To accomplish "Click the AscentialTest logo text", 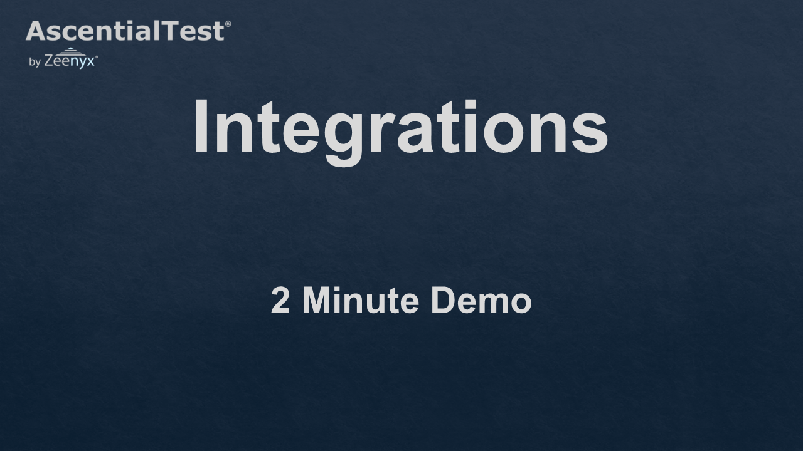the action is (125, 31).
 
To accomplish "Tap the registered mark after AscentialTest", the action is (228, 24).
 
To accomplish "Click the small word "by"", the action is (35, 62).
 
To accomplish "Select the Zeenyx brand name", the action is (70, 61).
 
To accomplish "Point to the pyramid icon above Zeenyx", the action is (70, 51).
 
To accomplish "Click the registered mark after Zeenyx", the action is (97, 56).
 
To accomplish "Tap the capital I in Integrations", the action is (201, 126).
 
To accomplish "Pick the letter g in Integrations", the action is (343, 140).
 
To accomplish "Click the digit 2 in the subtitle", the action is (280, 300).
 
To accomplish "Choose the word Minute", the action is (361, 300).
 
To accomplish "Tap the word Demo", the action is (481, 300).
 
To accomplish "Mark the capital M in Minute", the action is (316, 300).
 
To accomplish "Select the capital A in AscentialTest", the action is (36, 31).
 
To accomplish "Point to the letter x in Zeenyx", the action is (90, 62).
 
